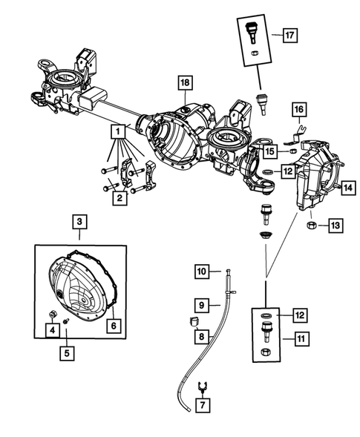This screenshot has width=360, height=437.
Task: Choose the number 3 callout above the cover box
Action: (79, 222)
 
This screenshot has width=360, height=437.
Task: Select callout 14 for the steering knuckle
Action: (346, 189)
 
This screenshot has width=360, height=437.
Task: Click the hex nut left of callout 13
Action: (312, 224)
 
